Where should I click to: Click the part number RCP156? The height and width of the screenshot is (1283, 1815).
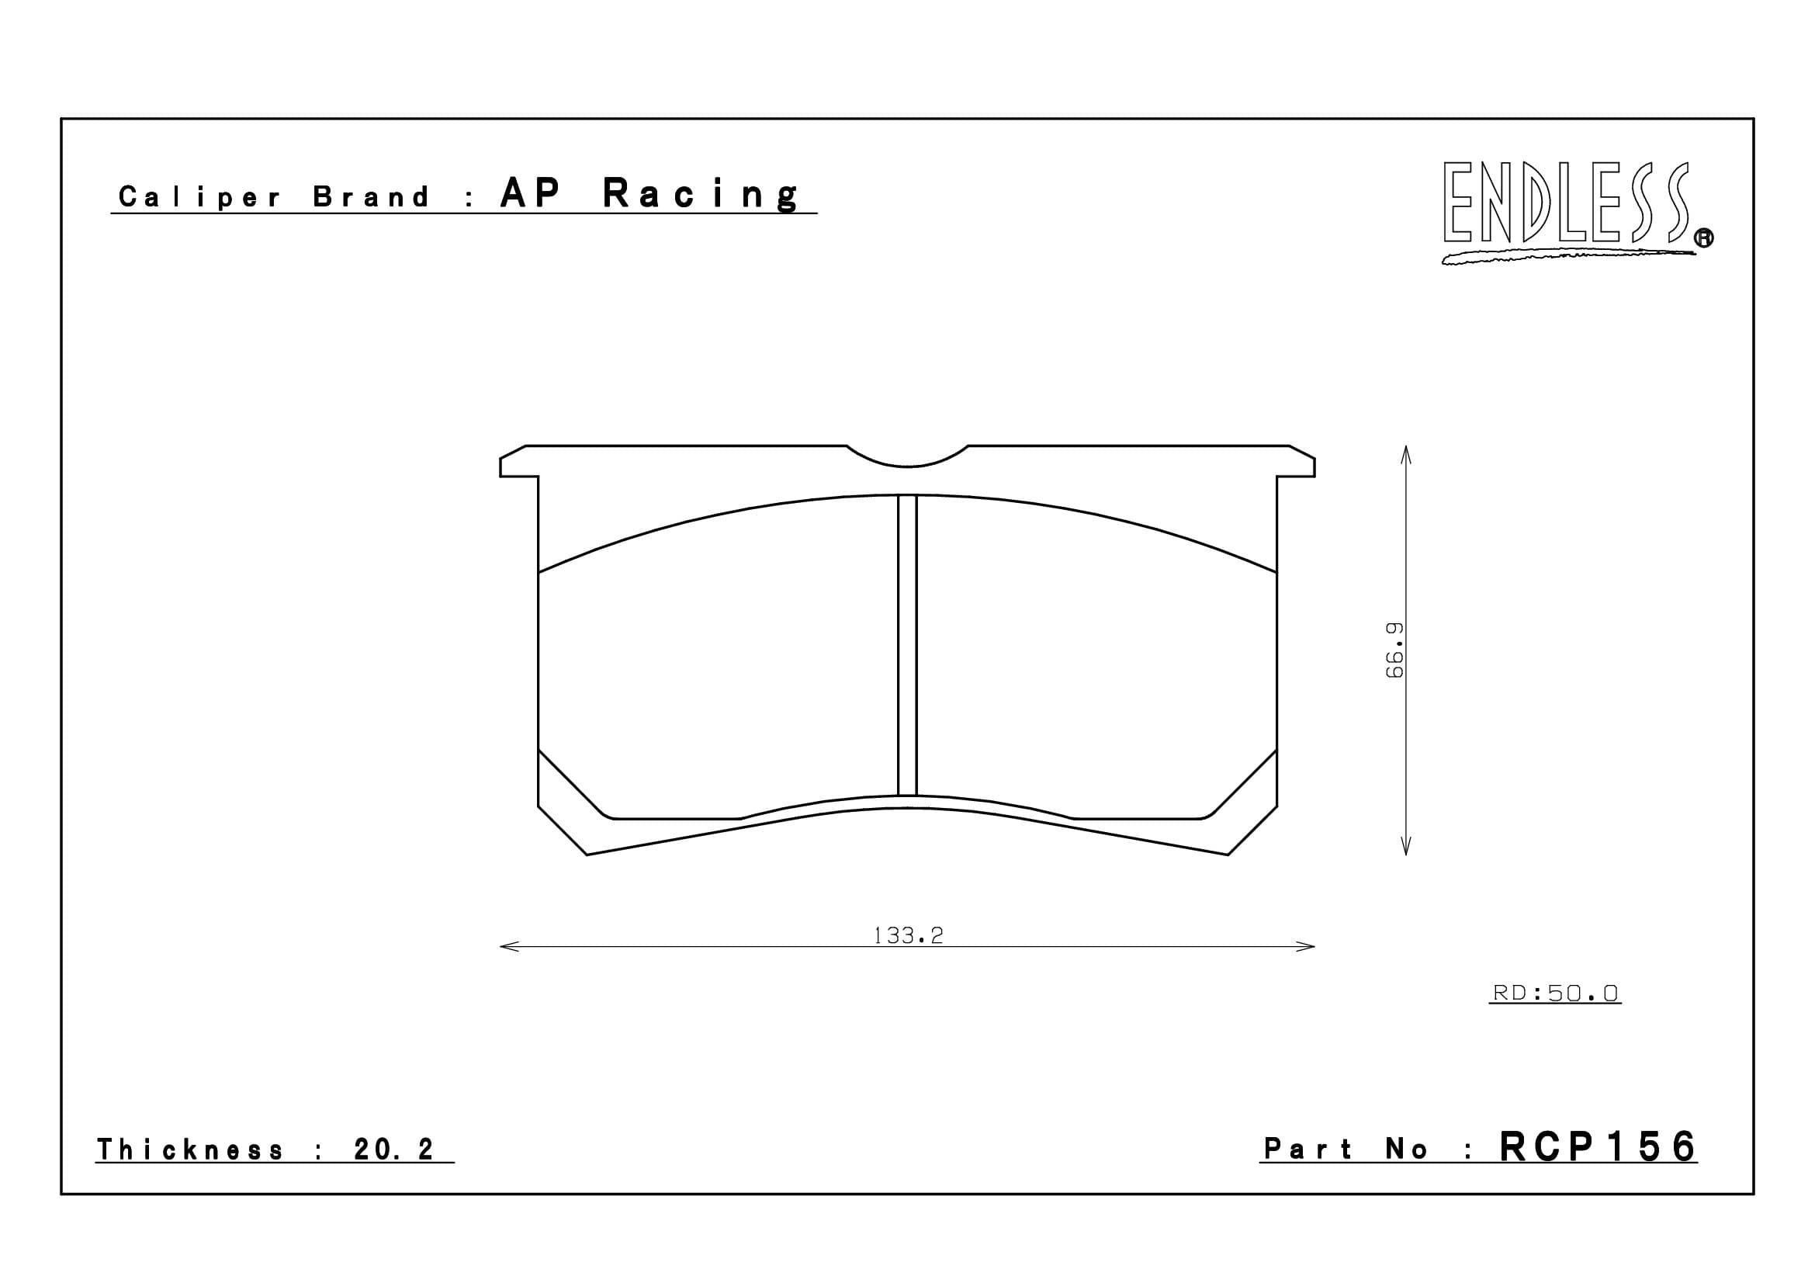point(1598,1147)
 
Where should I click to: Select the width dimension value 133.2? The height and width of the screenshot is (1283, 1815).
point(909,936)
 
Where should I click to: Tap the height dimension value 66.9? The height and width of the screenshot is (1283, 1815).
point(1395,650)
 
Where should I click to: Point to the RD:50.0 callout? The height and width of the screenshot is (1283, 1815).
point(1555,993)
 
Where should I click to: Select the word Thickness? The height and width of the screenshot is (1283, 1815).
point(189,1149)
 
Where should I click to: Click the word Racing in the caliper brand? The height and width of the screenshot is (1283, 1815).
point(701,195)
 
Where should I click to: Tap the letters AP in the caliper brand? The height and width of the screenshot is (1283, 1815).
point(531,193)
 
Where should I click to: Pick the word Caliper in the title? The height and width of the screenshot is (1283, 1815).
point(199,197)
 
